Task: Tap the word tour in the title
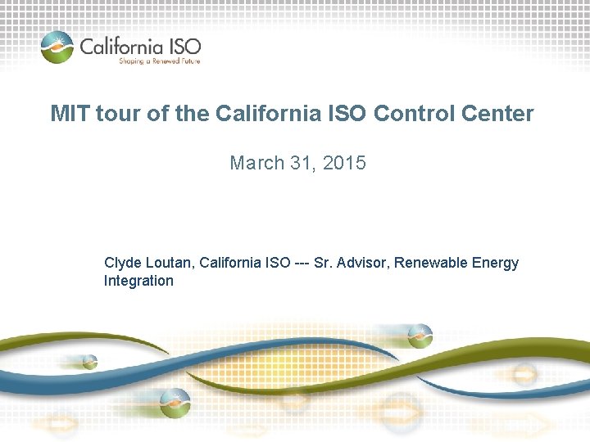point(117,114)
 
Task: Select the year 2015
point(344,163)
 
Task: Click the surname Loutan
point(168,263)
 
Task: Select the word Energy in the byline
point(497,263)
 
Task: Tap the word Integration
point(138,281)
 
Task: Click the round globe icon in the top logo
point(57,47)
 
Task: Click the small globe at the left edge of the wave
point(88,360)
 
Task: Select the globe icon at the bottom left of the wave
point(175,402)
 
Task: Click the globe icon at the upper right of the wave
point(420,335)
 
